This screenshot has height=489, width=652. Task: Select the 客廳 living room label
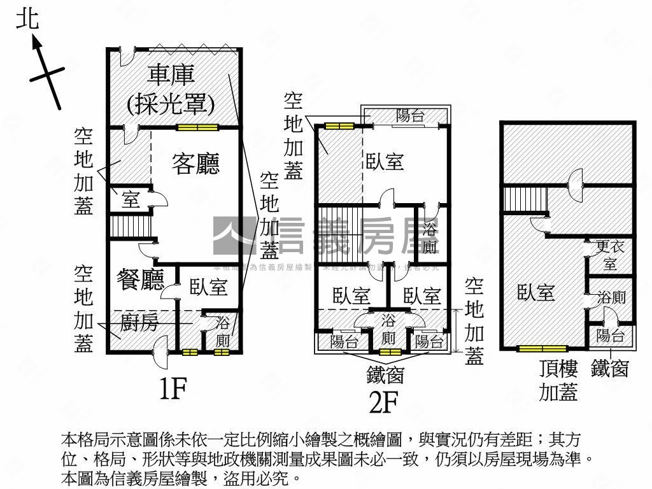(195, 164)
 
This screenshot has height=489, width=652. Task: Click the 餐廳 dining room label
(141, 279)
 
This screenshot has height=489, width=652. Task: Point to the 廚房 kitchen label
(138, 322)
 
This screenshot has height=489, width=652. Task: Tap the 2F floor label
(385, 402)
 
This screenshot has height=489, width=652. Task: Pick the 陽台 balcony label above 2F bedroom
(411, 116)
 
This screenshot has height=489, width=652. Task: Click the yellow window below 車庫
(197, 127)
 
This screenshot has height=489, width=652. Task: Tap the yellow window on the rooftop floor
(542, 349)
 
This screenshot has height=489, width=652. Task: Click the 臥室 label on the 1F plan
(209, 287)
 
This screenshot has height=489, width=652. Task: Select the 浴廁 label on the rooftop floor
(611, 297)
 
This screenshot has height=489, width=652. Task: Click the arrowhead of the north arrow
(35, 43)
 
